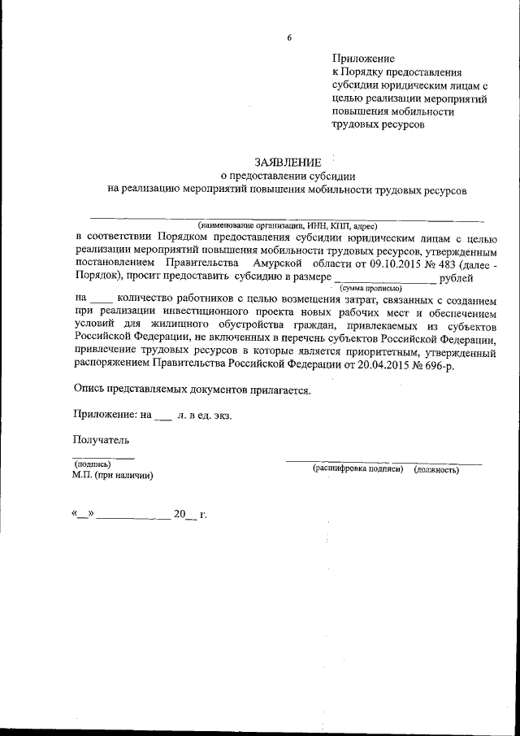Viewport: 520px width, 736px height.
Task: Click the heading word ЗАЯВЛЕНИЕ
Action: click(288, 162)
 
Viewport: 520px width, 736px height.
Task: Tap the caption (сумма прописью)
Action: click(370, 288)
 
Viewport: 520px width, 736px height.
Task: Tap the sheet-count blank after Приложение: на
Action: click(162, 415)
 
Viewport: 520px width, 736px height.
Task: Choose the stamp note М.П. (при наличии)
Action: click(112, 474)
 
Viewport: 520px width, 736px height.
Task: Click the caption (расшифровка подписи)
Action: click(358, 469)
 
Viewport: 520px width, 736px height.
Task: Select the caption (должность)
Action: click(437, 469)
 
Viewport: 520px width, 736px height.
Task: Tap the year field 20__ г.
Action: click(189, 514)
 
